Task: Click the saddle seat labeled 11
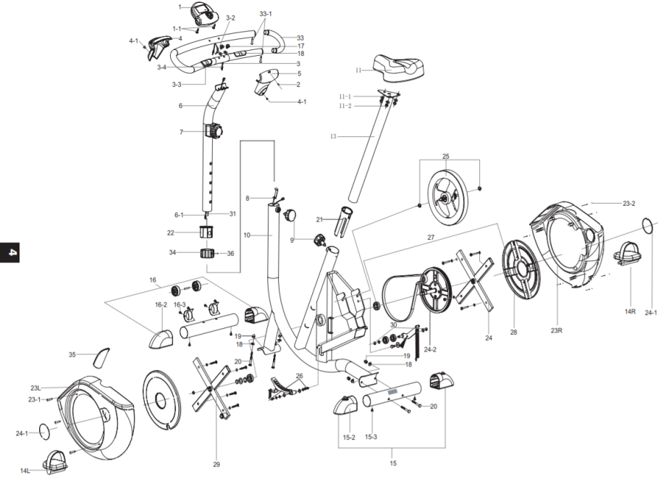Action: (397, 67)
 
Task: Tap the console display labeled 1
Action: (203, 13)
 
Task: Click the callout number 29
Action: (216, 464)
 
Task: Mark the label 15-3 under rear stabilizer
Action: (371, 438)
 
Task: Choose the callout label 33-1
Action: (265, 14)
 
